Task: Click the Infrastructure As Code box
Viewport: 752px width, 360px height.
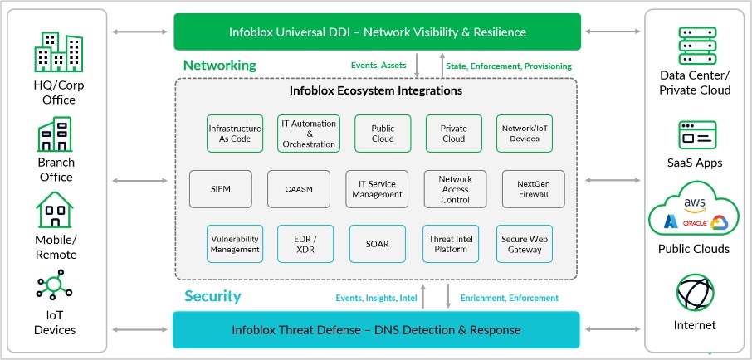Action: pos(235,134)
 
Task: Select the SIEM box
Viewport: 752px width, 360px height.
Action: pos(221,188)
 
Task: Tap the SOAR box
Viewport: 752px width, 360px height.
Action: pos(377,244)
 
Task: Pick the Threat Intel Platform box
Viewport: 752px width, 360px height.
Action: pos(453,244)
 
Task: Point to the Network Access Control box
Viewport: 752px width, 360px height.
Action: pos(455,188)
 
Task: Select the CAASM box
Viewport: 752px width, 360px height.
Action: pos(299,188)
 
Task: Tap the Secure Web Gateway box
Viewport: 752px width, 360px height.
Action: pos(525,244)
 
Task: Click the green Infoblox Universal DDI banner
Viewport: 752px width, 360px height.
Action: pos(378,32)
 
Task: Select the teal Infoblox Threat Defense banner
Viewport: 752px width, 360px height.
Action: pos(377,330)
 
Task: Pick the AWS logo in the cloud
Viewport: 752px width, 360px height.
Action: pos(694,203)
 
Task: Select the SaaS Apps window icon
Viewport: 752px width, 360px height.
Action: pos(696,135)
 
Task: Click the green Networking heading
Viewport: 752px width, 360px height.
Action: pos(220,65)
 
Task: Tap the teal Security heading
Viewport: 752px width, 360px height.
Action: pos(212,296)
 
